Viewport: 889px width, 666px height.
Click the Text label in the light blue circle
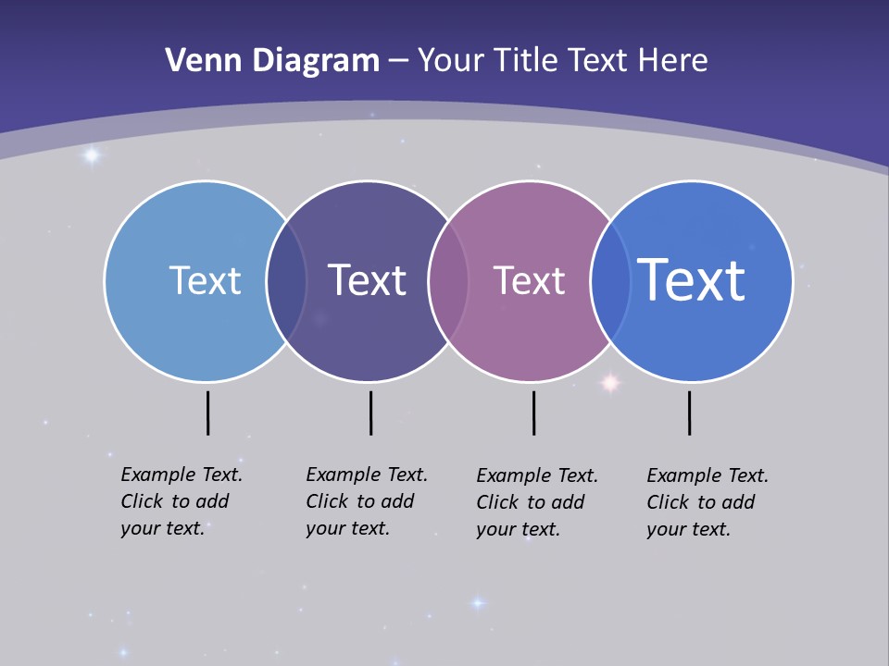tap(205, 280)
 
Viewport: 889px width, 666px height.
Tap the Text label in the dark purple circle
tap(368, 280)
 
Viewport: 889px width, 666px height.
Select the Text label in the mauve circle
tap(529, 280)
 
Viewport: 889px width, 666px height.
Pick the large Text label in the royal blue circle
tap(692, 279)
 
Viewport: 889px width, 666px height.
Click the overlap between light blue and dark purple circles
tap(286, 281)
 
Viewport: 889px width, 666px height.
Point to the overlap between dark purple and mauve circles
tap(448, 281)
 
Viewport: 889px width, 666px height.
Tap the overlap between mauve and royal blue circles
tap(610, 281)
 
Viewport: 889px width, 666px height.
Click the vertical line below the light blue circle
tap(207, 413)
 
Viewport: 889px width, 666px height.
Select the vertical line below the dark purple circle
tap(370, 413)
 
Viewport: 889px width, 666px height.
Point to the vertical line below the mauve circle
tap(533, 413)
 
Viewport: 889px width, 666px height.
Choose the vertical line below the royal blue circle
tap(689, 413)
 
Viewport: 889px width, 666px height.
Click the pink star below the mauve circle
tap(610, 382)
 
